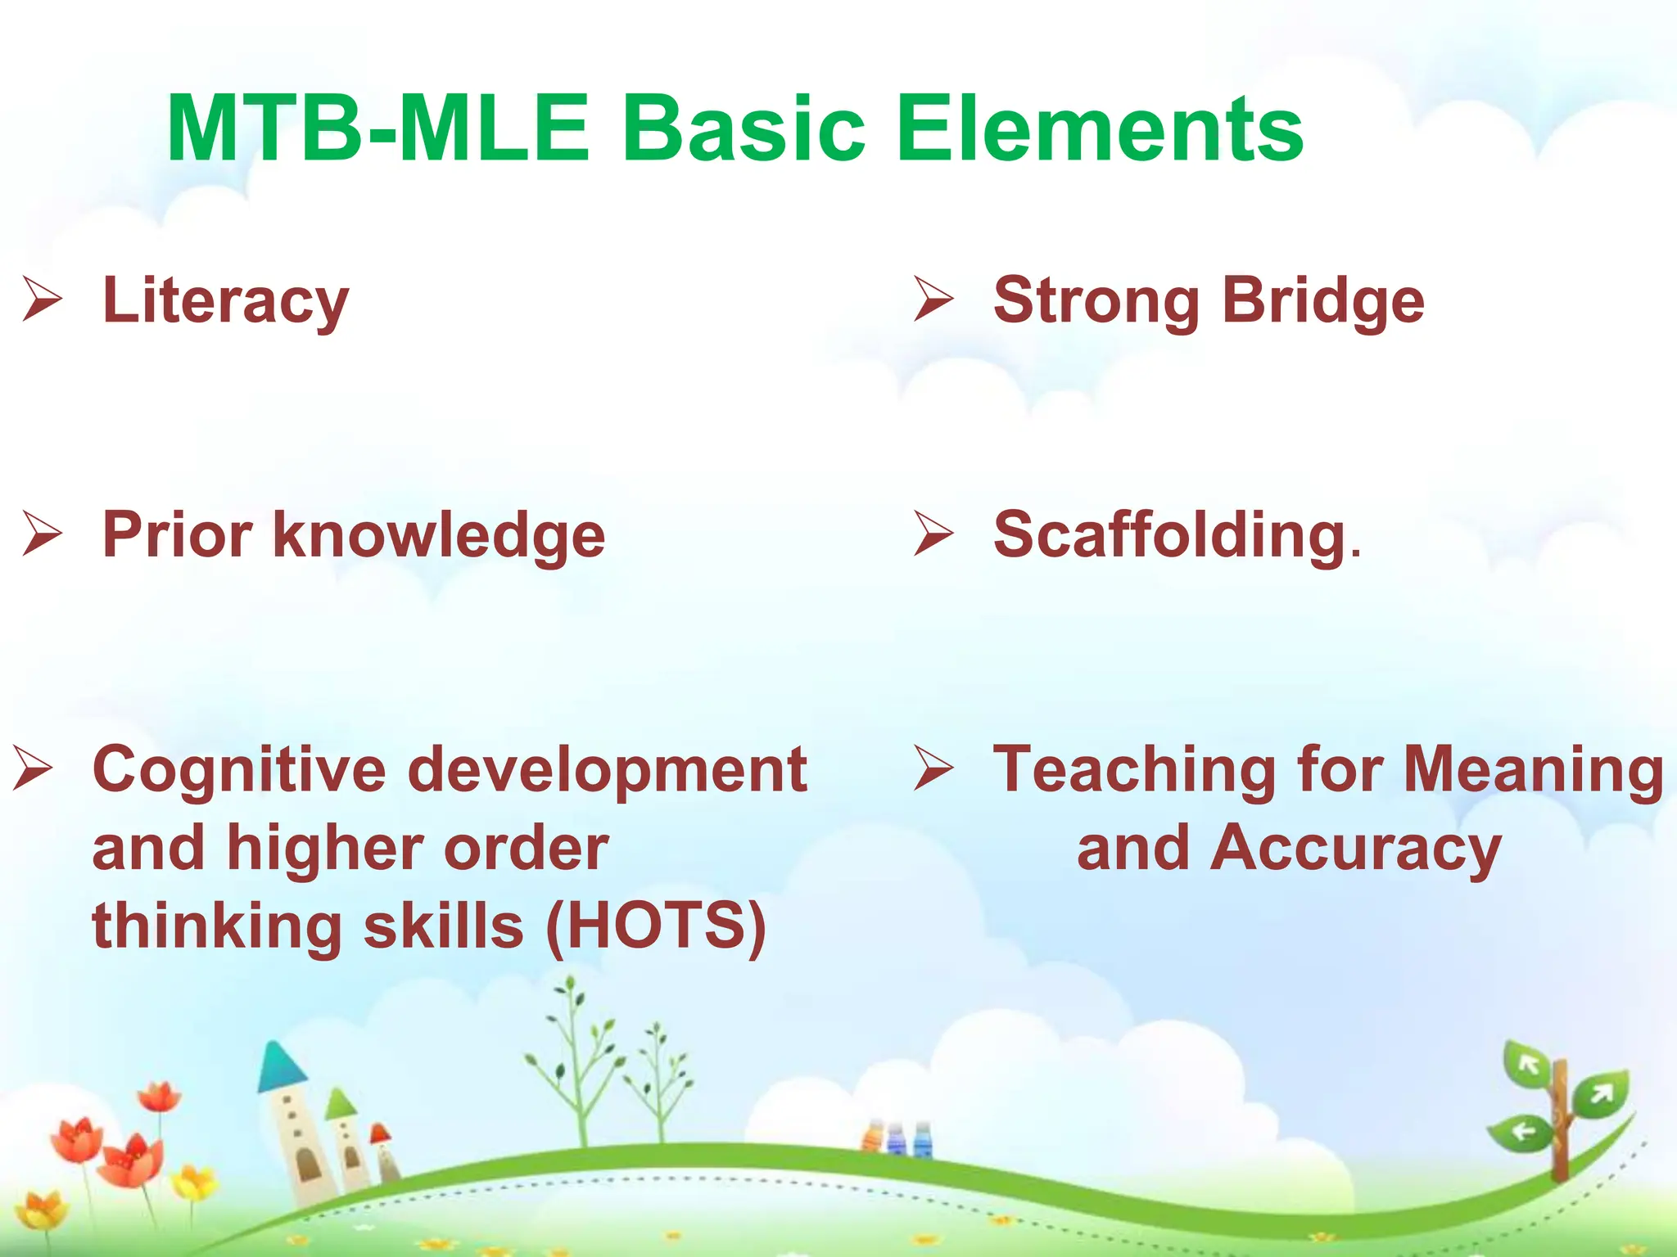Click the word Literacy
[x=225, y=301]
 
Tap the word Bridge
[x=1322, y=301]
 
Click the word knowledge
[x=439, y=535]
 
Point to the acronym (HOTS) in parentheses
[x=655, y=926]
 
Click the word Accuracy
[x=1355, y=848]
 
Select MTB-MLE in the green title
[x=377, y=129]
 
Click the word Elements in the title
[x=1099, y=129]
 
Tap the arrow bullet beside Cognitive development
[x=33, y=770]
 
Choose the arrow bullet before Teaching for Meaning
[x=933, y=770]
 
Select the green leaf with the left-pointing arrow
[x=1521, y=1133]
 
